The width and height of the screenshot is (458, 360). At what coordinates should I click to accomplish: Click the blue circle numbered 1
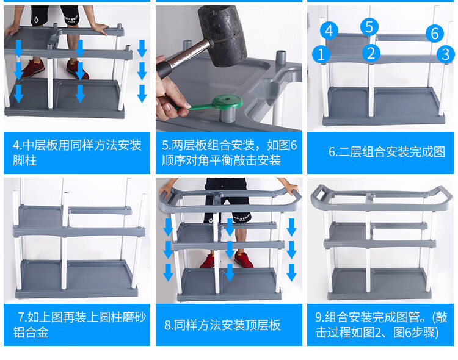tap(321, 54)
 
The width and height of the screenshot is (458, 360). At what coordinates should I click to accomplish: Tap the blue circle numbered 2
tap(371, 53)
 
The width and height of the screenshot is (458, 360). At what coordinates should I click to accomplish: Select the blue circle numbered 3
tap(445, 54)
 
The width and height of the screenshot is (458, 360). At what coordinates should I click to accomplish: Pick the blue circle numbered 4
tap(329, 31)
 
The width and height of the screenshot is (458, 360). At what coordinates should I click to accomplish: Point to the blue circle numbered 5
tap(369, 27)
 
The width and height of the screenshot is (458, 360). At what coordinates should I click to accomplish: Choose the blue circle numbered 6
tap(435, 34)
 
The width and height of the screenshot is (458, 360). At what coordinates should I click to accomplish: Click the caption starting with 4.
tap(77, 153)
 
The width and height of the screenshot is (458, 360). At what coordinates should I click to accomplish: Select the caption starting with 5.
tap(229, 153)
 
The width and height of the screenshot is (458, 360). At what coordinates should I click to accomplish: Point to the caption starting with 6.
tap(387, 152)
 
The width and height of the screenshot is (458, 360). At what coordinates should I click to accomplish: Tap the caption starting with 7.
tap(79, 325)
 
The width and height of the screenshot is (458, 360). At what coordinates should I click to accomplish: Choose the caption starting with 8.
tap(222, 325)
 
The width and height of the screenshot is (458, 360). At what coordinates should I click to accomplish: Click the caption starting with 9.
tap(381, 325)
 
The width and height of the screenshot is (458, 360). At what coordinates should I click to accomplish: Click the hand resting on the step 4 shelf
tap(98, 29)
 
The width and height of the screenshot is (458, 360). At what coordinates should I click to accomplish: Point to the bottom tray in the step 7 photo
tap(77, 279)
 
